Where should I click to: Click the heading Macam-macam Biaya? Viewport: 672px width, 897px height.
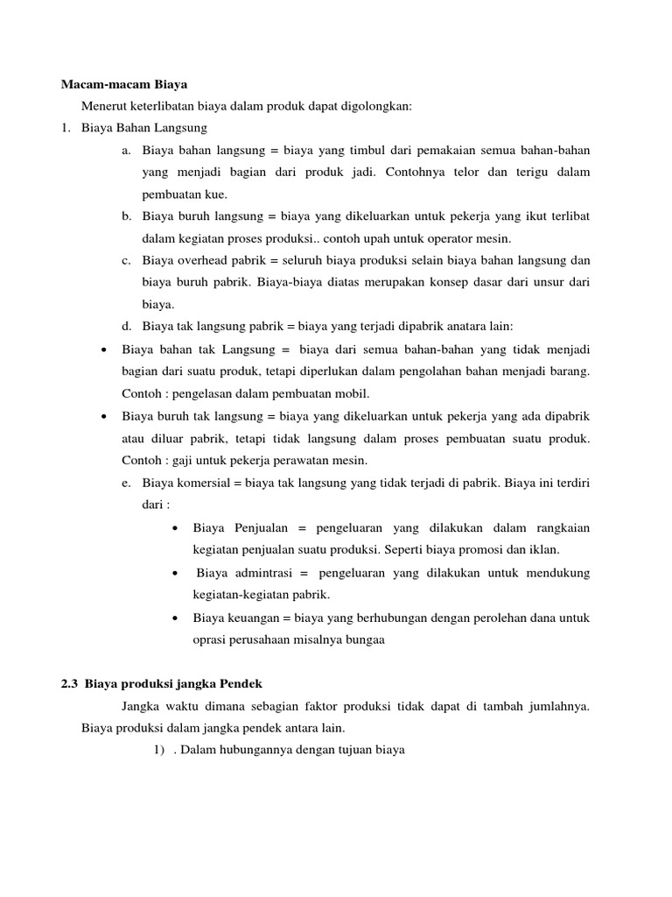pyautogui.click(x=124, y=85)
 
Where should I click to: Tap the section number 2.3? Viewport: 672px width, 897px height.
pyautogui.click(x=70, y=684)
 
